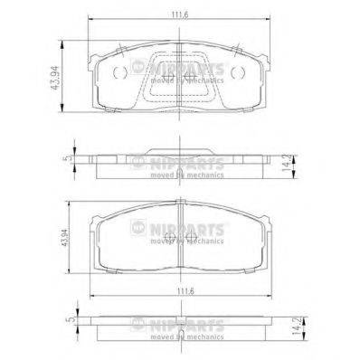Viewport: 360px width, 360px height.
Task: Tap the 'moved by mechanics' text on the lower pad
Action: [185, 242]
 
